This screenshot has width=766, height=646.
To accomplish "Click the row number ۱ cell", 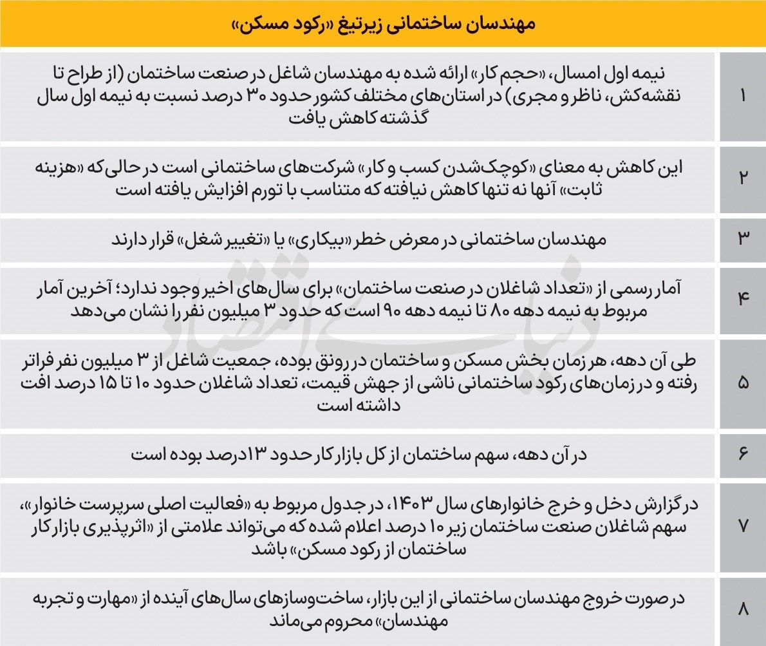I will [x=742, y=96].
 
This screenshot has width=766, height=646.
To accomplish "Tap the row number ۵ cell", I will [x=742, y=383].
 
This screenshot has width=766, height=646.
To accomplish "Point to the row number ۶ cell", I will [x=742, y=455].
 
